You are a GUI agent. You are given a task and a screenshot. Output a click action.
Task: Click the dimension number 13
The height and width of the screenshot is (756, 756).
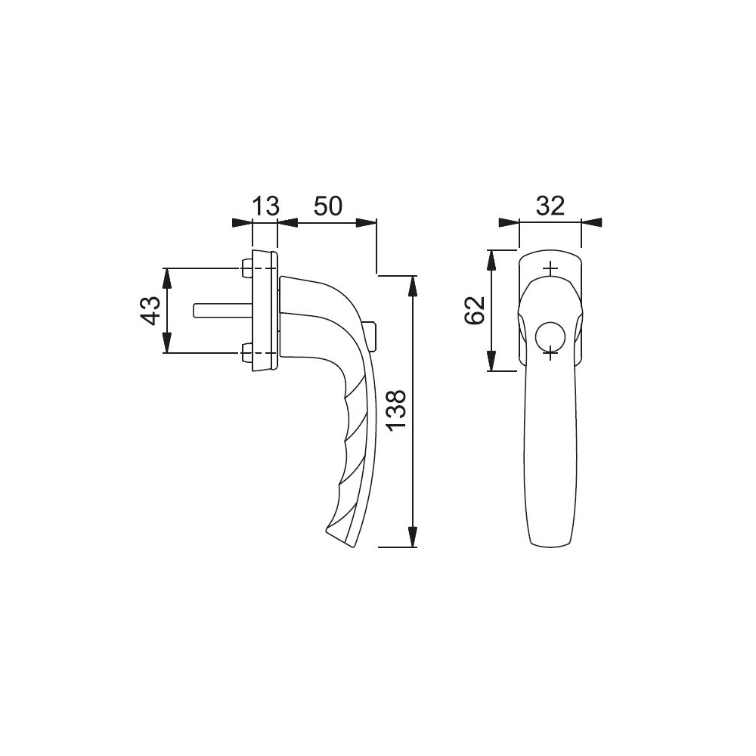pos(265,206)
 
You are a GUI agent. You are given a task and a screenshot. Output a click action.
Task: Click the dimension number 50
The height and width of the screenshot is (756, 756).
pos(328,206)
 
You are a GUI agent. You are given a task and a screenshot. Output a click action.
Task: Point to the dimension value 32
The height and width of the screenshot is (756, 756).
pos(550,206)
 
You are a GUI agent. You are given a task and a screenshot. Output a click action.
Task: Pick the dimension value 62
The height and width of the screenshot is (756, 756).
pos(476,311)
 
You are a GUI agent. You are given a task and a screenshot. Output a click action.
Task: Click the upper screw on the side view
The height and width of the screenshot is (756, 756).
pos(246,268)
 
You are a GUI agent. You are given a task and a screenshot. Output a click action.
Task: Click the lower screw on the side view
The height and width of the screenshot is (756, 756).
pos(246,353)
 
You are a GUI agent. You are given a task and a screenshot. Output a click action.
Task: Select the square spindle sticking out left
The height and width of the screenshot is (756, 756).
pos(222,310)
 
